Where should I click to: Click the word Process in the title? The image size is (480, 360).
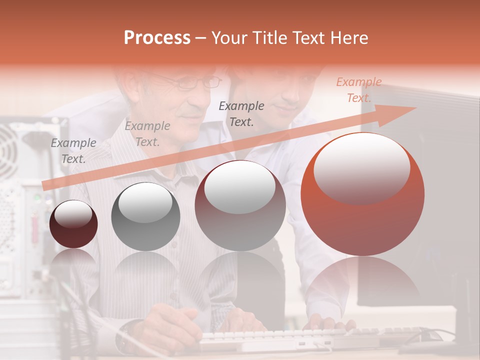click(x=157, y=38)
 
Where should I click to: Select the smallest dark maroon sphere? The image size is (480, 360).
click(x=73, y=224)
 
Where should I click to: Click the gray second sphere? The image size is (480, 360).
click(x=145, y=216)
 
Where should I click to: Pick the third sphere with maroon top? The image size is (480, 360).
click(x=240, y=205)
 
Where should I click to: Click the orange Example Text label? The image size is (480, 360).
click(x=358, y=90)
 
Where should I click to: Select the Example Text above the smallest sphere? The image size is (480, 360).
click(x=73, y=151)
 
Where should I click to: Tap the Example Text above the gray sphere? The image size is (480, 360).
click(x=147, y=134)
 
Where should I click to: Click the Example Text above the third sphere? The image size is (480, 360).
click(x=241, y=113)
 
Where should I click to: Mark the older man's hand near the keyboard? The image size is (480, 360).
click(x=170, y=325)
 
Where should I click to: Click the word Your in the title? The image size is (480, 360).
click(x=229, y=38)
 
